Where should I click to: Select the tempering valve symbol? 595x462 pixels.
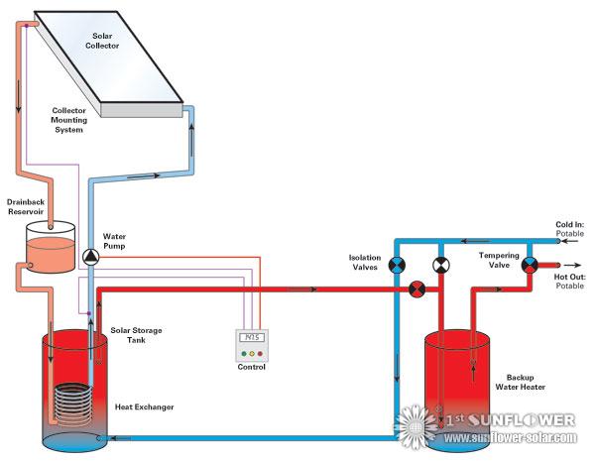[530, 265]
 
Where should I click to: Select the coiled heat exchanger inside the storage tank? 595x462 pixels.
[70, 406]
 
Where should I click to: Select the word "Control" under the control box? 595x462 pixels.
[252, 368]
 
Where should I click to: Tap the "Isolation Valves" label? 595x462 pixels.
[364, 262]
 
